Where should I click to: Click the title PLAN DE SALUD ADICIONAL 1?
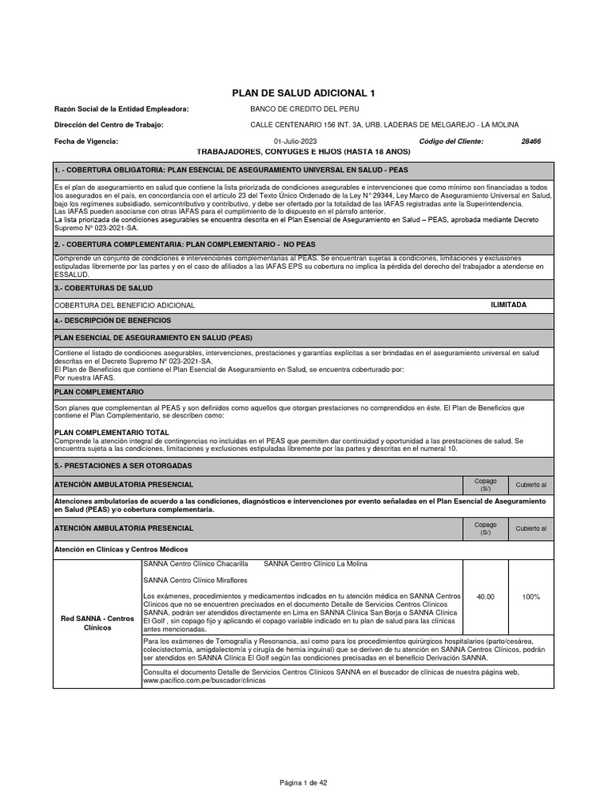tap(303, 93)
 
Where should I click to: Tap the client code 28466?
tap(530, 142)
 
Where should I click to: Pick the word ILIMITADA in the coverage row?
tap(508, 305)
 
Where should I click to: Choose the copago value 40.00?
tap(485, 596)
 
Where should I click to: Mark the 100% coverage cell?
tap(531, 596)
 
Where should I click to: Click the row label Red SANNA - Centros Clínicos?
tap(99, 622)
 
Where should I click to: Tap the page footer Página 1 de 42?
tap(303, 782)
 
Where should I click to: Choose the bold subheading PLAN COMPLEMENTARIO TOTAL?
tap(111, 433)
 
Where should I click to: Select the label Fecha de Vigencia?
tap(85, 142)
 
